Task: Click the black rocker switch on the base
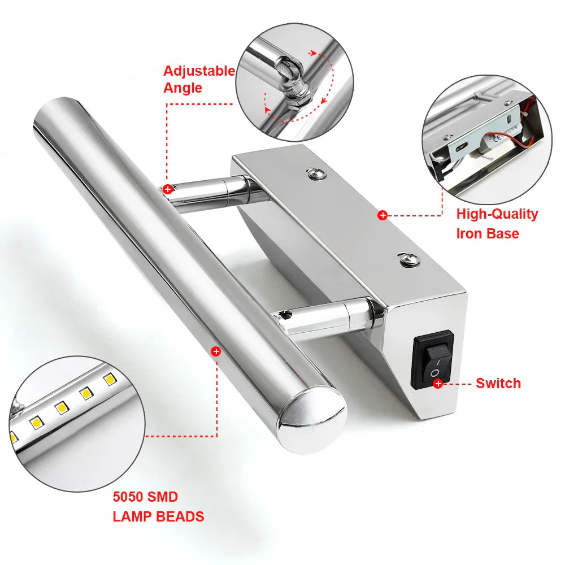coord(433,360)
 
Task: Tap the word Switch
coord(498,383)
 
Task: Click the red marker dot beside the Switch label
coord(438,384)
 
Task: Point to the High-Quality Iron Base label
coord(497,223)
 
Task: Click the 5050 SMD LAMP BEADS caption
coord(158,507)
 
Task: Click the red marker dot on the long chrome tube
coord(215,351)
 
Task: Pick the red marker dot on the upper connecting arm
coord(167,189)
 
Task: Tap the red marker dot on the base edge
coord(383,215)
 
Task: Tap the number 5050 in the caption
coord(129,497)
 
